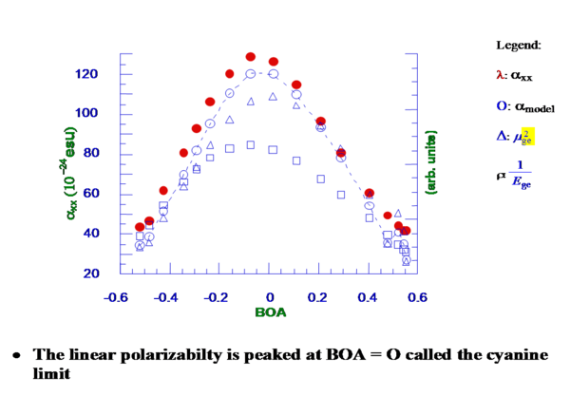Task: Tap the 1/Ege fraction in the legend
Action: [x=527, y=177]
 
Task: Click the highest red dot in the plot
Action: [x=251, y=57]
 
